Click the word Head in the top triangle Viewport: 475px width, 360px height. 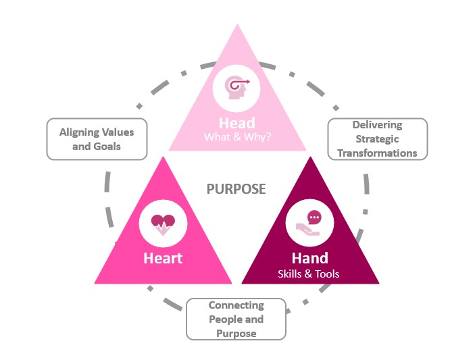coord(236,122)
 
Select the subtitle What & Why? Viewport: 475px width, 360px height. coord(236,137)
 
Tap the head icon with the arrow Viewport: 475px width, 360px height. coord(236,88)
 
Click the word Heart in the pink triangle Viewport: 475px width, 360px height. coord(163,258)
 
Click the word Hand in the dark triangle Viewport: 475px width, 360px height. coord(310,258)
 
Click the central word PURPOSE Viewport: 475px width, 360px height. coord(236,189)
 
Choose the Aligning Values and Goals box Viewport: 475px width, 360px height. coord(97,139)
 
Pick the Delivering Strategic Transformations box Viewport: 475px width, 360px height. coord(377,139)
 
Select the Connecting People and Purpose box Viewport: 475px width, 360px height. coord(236,319)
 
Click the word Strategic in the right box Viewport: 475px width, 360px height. coord(377,139)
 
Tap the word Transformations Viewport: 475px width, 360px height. coord(377,153)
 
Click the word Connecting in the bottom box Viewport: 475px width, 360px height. coord(236,306)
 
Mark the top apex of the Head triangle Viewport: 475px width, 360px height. coord(236,25)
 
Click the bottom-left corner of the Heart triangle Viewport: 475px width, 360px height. coord(95,283)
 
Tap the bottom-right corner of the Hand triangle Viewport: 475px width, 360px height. coord(378,283)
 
